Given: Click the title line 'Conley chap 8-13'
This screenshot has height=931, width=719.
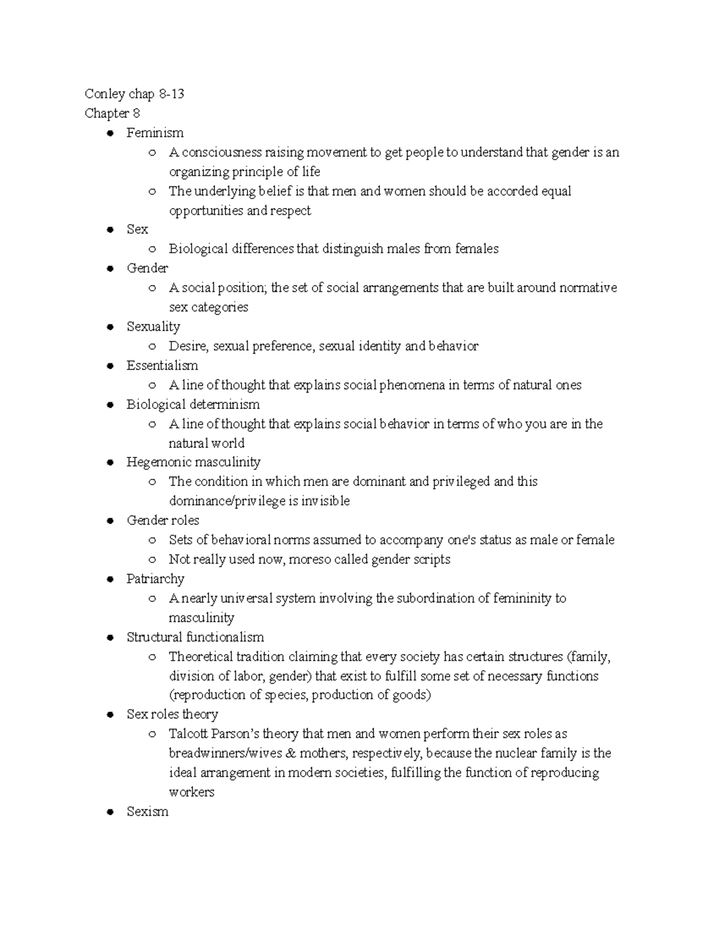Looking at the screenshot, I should (134, 94).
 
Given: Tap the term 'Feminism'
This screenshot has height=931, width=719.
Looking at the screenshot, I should (155, 133).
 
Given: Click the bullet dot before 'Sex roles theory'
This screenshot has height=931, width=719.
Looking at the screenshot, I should (110, 715).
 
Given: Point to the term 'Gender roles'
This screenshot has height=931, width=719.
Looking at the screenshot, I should (162, 520).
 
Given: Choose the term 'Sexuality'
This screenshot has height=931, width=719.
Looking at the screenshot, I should (153, 327).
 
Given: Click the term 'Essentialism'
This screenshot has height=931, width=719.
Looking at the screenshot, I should (162, 366).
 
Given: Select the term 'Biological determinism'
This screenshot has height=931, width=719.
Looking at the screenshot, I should (193, 405).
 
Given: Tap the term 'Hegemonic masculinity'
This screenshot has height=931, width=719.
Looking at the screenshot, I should (193, 462).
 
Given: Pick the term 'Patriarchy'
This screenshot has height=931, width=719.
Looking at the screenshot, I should (155, 579).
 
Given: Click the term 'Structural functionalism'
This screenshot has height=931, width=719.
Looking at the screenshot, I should (195, 637).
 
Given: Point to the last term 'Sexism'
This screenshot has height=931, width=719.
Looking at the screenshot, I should (147, 812).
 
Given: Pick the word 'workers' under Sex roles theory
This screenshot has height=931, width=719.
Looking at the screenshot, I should (191, 792).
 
